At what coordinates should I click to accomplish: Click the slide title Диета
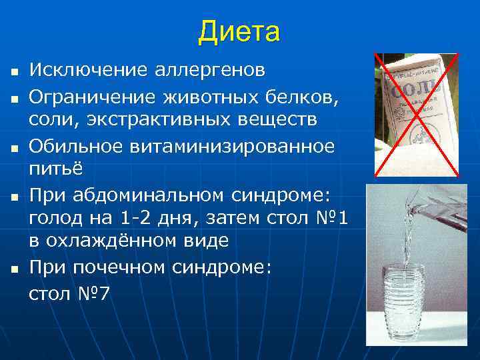[x=239, y=31]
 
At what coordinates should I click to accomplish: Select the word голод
[x=53, y=219]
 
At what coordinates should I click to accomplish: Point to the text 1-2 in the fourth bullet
[x=131, y=219]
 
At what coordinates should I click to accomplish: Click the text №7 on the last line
[x=93, y=293]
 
